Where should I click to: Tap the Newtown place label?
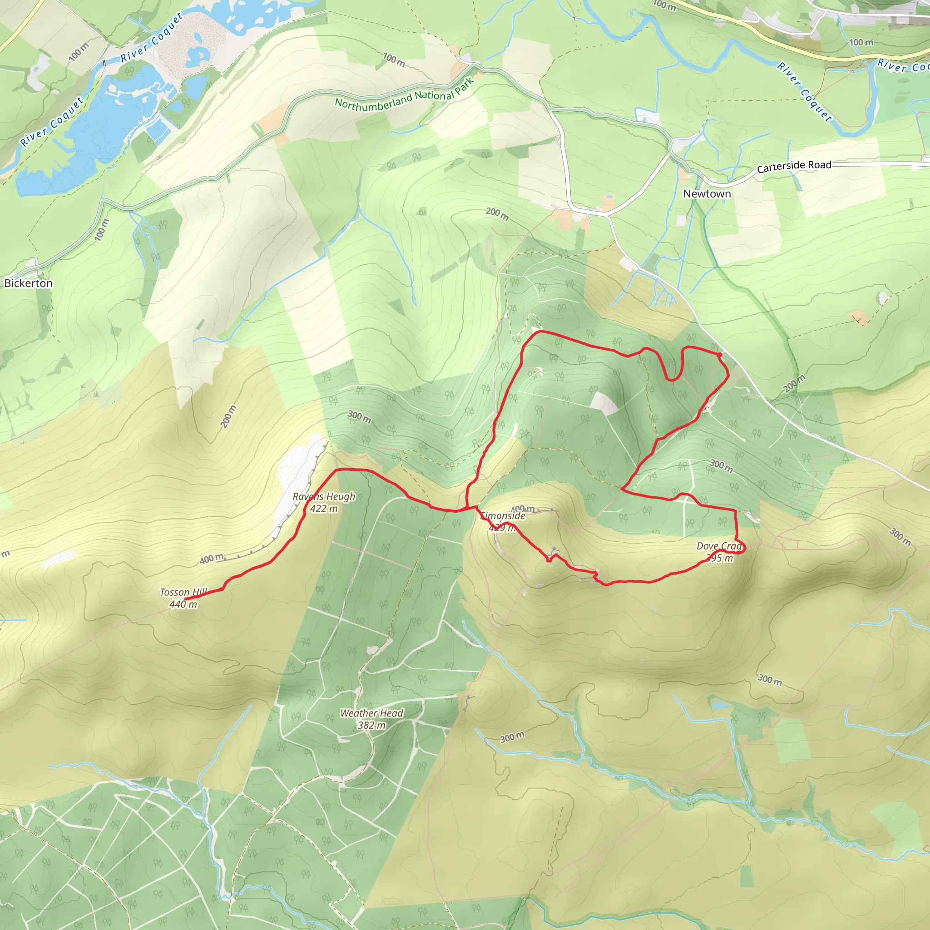(707, 193)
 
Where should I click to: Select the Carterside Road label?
(794, 166)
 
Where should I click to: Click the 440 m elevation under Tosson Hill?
(183, 604)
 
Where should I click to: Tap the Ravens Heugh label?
(324, 496)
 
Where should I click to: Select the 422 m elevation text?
(324, 509)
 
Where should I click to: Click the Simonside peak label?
(503, 515)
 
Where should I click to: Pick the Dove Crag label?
(719, 546)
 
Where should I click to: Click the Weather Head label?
(371, 713)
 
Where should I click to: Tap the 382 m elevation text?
(371, 725)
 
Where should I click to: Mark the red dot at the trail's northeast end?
(719, 355)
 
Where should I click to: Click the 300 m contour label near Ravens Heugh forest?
(359, 417)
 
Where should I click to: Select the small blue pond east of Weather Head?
(721, 706)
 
